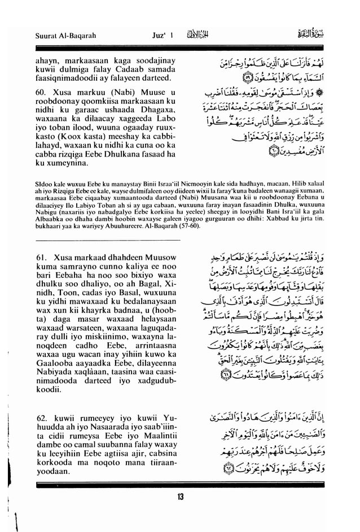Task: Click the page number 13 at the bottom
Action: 180,498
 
